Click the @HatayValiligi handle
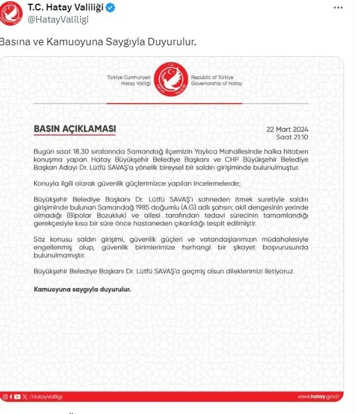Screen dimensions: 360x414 pyautogui.click(x=58, y=20)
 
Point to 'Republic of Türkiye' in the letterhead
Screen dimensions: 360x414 pyautogui.click(x=208, y=78)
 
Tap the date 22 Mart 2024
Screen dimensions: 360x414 pyautogui.click(x=287, y=130)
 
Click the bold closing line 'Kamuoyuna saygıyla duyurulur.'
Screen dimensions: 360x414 pyautogui.click(x=82, y=287)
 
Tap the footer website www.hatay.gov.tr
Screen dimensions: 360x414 pyautogui.click(x=317, y=397)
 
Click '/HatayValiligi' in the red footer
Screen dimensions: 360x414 pyautogui.click(x=48, y=397)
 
